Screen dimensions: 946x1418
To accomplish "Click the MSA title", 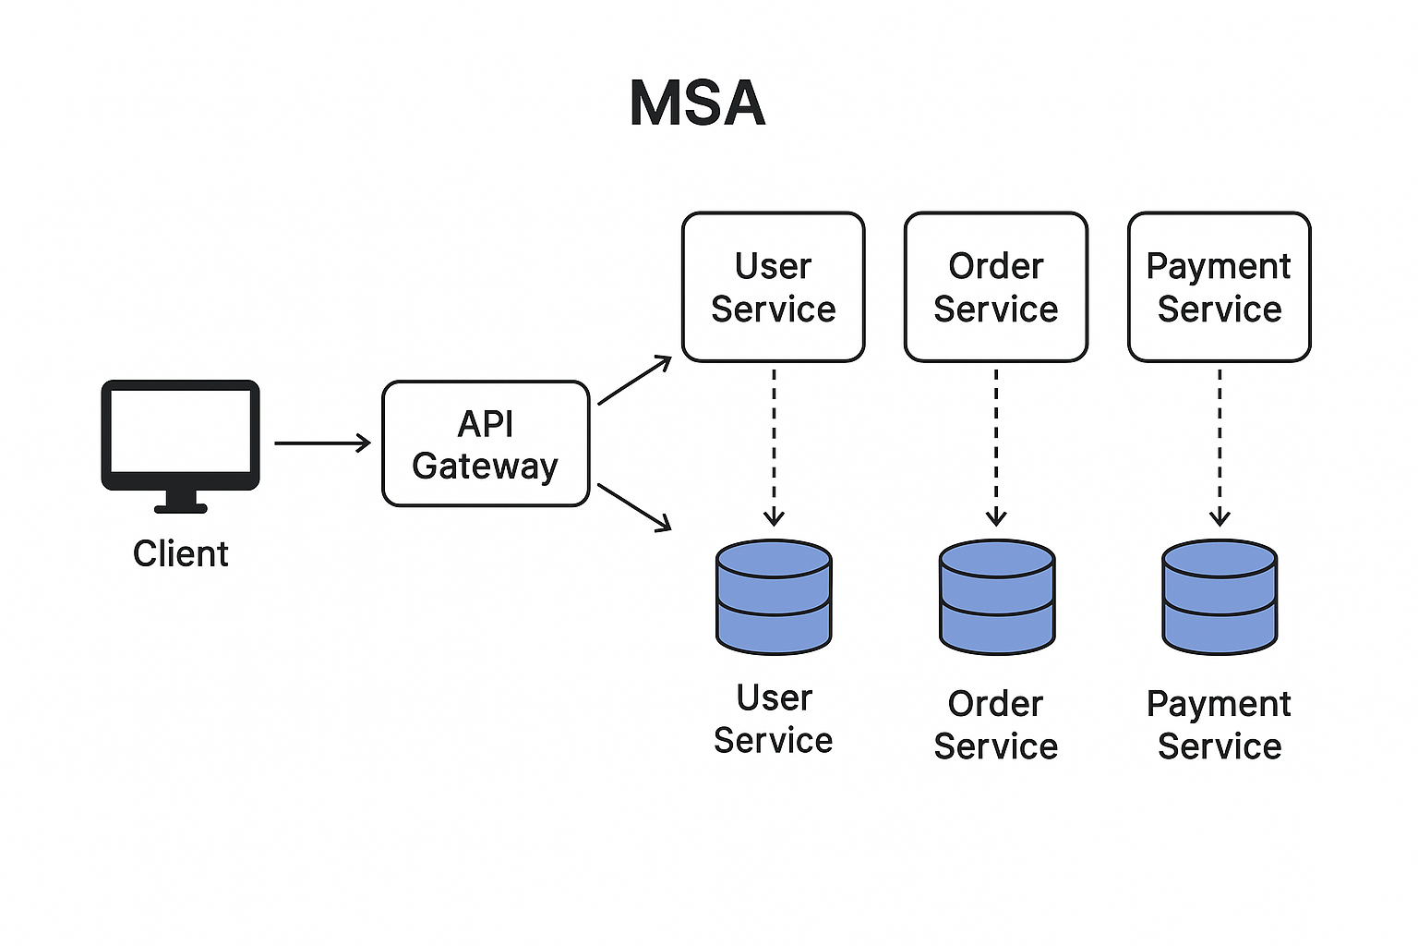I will pos(697,103).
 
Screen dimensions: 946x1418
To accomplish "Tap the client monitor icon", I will pos(180,434).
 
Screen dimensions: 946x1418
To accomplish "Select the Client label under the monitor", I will pos(180,553).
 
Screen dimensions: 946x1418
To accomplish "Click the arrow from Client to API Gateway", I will pos(322,443).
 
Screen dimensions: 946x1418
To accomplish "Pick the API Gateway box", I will pos(486,444).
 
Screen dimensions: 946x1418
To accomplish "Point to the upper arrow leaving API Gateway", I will pos(634,381).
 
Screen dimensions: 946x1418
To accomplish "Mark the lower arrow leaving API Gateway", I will pos(634,507).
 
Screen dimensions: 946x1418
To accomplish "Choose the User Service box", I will pos(774,287).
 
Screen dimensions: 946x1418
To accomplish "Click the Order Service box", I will pos(996,287).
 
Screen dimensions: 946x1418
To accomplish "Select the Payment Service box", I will pos(1220,287).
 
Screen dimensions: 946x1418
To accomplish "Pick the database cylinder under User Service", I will pos(774,597).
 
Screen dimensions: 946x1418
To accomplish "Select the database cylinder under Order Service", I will pos(996,597).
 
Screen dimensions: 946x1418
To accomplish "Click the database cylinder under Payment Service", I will pos(1220,597).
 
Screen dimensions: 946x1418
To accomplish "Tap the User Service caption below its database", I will pos(774,719).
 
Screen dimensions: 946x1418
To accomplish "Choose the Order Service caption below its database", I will pos(996,724).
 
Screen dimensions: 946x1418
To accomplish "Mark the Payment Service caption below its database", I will pos(1220,724).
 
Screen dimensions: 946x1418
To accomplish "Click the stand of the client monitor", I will pos(180,501).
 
